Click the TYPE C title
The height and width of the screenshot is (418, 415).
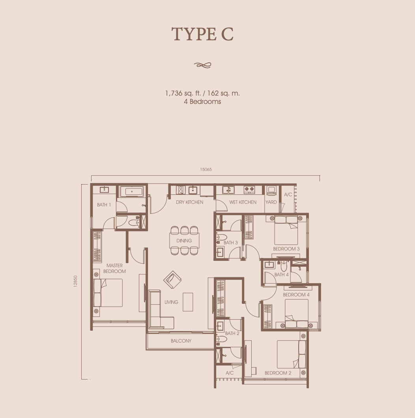[202, 34]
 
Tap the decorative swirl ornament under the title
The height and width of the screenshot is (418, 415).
[203, 65]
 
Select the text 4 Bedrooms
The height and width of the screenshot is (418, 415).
[202, 102]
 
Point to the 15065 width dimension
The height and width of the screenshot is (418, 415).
[206, 169]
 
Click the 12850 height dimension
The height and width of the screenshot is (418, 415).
[75, 281]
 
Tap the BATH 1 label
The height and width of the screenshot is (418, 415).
[104, 205]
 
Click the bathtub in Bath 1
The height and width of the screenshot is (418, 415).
[132, 191]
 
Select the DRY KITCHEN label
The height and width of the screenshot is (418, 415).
[189, 202]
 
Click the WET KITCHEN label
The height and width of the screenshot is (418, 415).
[243, 202]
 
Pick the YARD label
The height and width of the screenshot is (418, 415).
[271, 202]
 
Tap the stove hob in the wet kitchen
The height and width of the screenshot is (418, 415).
[249, 190]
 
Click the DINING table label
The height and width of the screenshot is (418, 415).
[184, 241]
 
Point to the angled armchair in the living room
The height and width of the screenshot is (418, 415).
[172, 280]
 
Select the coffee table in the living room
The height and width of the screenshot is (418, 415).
[188, 302]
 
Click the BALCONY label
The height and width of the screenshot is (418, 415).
[181, 341]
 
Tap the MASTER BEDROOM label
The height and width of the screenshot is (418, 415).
[114, 268]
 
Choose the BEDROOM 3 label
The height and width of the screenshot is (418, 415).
[286, 249]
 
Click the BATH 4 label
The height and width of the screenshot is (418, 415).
[281, 275]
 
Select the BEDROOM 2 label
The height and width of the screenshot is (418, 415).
[278, 373]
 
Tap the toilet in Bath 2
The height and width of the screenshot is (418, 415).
[221, 339]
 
